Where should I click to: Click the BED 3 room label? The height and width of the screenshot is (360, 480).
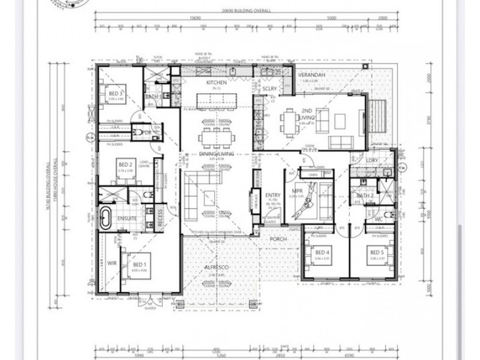(x=116, y=94)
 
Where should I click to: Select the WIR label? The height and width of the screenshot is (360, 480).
(x=111, y=262)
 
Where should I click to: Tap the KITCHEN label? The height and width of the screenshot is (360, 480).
(x=217, y=82)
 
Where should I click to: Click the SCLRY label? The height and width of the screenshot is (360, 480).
(x=270, y=89)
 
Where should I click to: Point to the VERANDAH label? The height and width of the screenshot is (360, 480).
(x=313, y=75)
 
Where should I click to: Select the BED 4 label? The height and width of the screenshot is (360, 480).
(x=322, y=253)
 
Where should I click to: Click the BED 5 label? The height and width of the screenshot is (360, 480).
(x=377, y=253)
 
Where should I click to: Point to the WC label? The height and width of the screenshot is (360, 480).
(x=378, y=219)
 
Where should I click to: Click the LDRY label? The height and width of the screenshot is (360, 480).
(x=372, y=160)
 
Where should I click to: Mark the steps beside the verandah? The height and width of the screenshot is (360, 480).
(x=380, y=113)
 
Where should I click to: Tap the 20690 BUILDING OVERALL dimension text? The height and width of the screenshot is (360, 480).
(x=246, y=10)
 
